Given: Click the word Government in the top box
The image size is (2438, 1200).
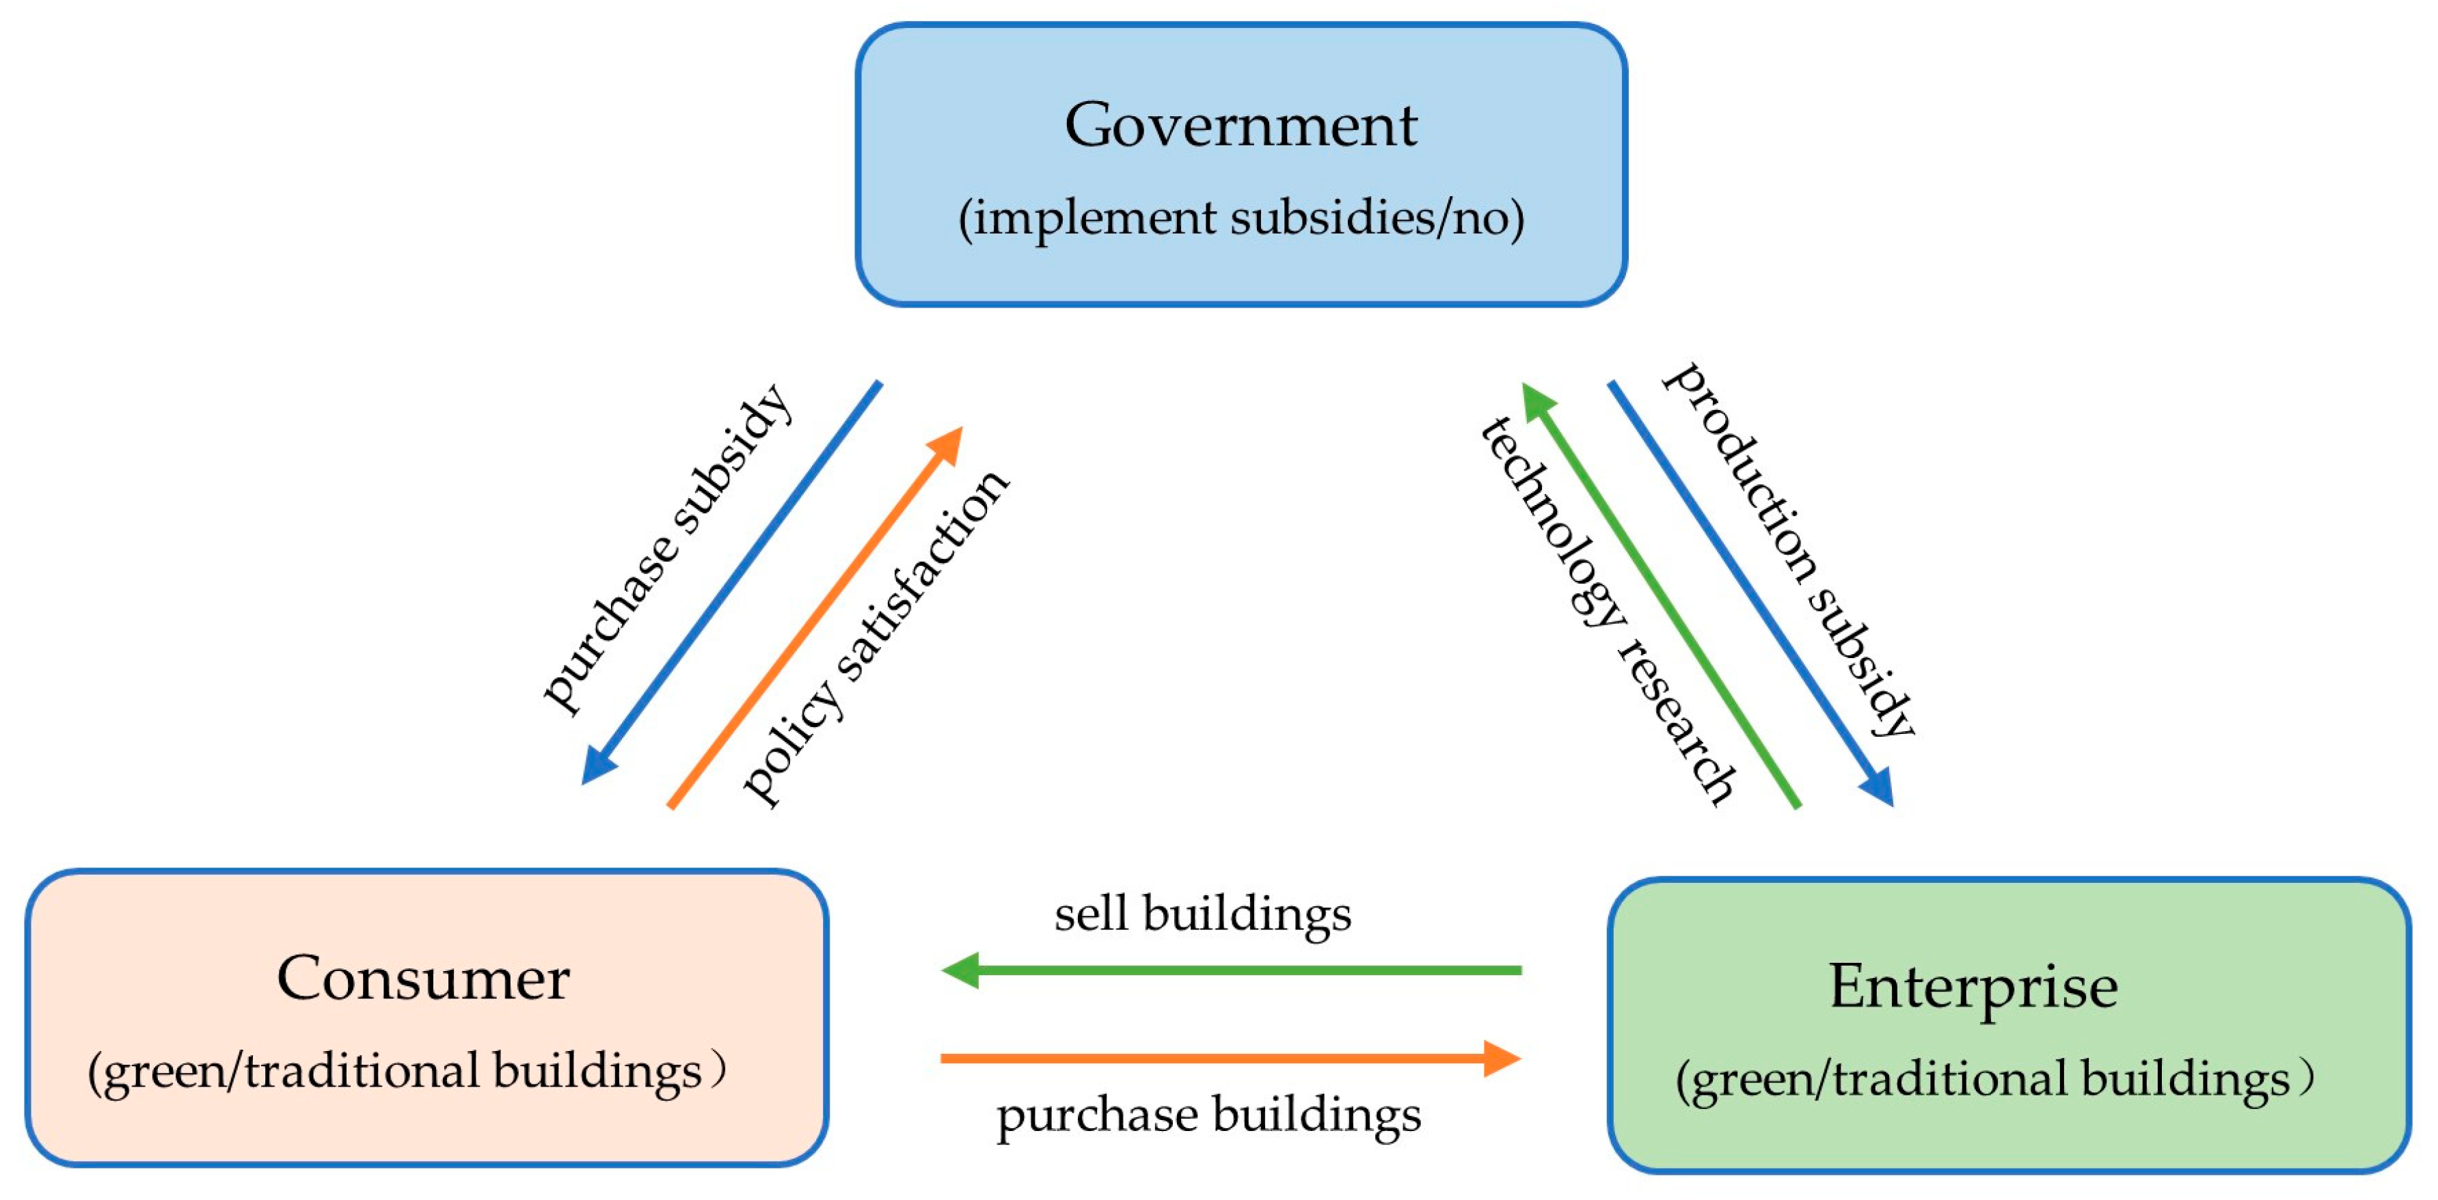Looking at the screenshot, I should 1241,125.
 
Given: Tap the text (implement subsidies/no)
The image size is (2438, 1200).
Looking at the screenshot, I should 1241,219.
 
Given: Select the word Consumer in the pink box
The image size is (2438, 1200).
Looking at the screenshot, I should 423,979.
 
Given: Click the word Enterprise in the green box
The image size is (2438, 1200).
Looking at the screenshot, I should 1973,986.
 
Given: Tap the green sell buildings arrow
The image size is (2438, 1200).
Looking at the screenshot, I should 1230,970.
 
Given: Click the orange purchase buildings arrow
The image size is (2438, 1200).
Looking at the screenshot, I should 1230,1058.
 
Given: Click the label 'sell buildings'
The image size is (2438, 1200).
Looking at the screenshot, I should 1203,914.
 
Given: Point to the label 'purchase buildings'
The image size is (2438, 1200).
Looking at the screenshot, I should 1208,1115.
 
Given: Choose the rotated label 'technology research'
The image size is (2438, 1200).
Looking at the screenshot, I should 1608,610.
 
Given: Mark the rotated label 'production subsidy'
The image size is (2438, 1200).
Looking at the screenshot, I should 1789,549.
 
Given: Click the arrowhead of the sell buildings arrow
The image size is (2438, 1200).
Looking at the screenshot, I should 960,970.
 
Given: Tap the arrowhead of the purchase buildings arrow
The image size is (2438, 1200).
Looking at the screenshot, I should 1502,1058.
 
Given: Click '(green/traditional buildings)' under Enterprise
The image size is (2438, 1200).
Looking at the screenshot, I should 1993,1080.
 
